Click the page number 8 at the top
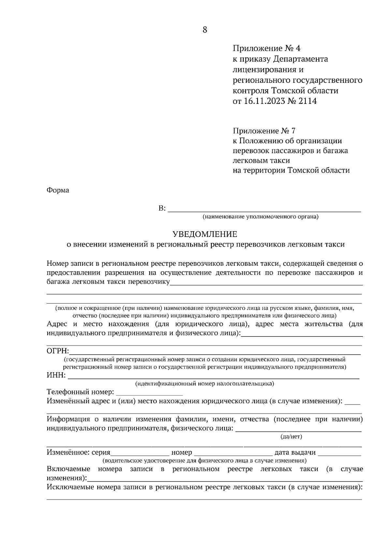click(x=205, y=30)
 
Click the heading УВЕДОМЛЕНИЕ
click(x=205, y=234)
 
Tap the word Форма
click(x=58, y=190)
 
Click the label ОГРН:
click(x=58, y=351)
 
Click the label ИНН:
click(x=56, y=376)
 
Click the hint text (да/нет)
click(x=291, y=436)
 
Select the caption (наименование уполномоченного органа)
click(x=260, y=217)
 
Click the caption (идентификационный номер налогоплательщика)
click(x=205, y=384)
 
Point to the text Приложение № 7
click(x=264, y=131)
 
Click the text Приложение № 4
click(x=266, y=49)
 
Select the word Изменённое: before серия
click(x=68, y=452)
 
